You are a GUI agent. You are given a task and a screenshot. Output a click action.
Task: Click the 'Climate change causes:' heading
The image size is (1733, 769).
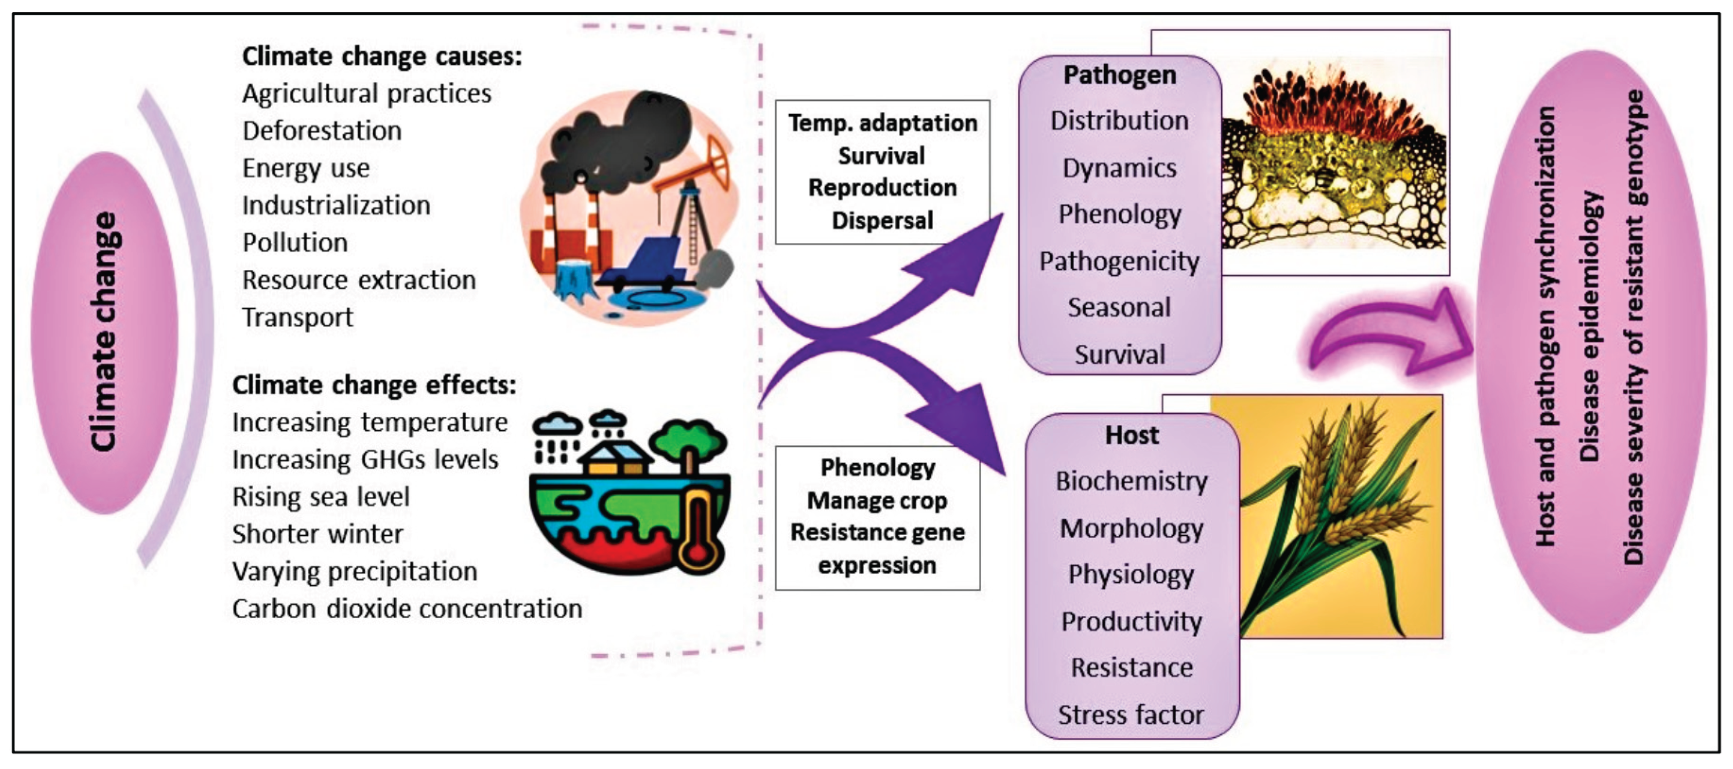(381, 56)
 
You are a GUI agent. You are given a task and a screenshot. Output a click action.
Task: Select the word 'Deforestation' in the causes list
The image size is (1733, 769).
(322, 130)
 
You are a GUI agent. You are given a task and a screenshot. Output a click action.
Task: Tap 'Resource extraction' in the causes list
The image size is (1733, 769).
(359, 280)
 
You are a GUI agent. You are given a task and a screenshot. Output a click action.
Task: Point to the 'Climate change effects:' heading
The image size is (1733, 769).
(374, 385)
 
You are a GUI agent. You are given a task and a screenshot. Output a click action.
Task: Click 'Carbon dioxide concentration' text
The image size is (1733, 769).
(407, 609)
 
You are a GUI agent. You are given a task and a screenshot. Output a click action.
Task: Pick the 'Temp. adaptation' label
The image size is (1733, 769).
(882, 123)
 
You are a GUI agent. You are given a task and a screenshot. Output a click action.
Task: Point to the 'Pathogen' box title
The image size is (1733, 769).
(1119, 75)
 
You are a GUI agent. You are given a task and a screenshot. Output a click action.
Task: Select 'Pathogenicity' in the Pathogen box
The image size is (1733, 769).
(1119, 261)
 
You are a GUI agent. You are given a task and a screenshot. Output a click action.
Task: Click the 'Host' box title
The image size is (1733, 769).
(1132, 435)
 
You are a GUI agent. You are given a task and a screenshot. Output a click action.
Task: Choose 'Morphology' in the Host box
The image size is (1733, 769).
(1132, 529)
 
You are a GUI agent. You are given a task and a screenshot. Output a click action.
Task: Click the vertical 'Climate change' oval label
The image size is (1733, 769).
(104, 332)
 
